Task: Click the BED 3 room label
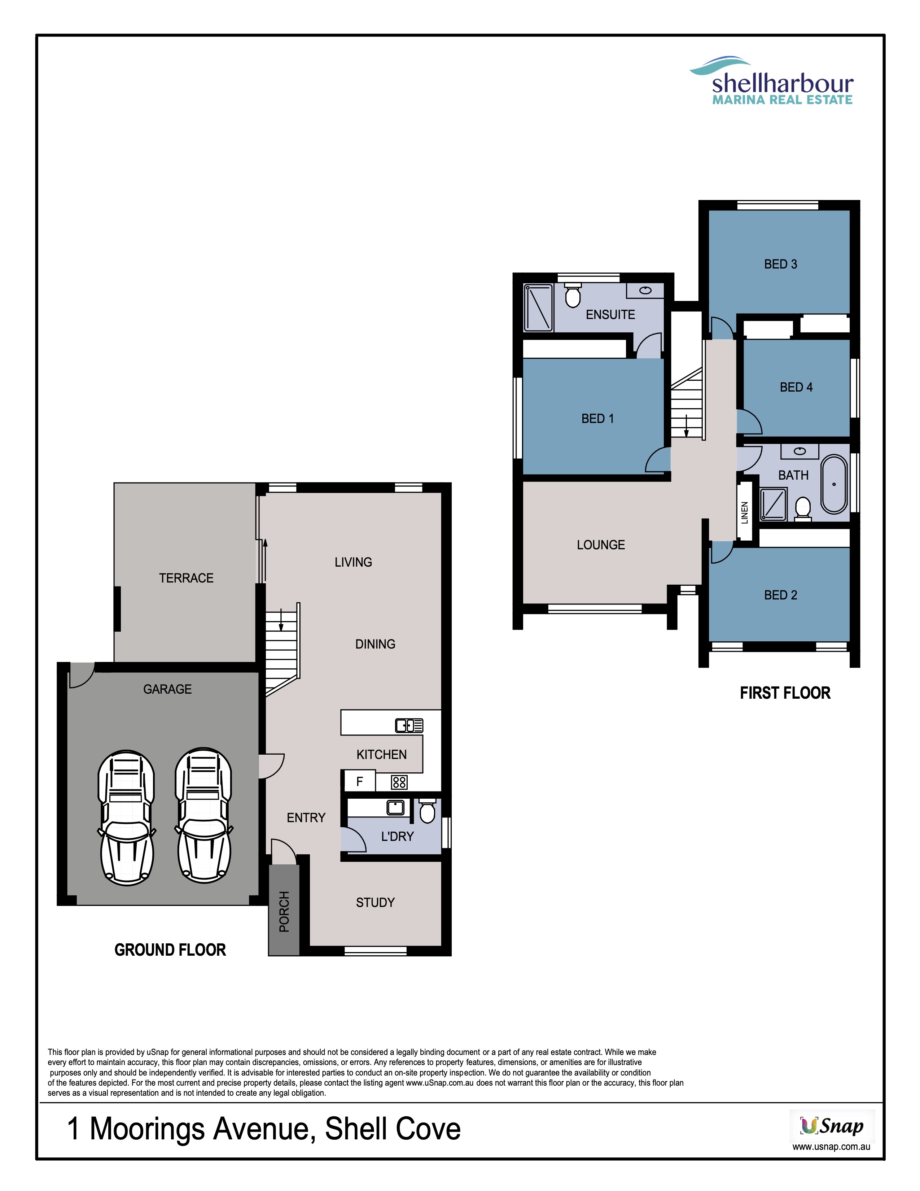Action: click(x=780, y=265)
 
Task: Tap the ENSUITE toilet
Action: click(x=572, y=295)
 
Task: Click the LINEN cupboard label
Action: click(x=745, y=512)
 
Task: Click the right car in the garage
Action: click(x=203, y=815)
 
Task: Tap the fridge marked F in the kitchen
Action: click(x=359, y=781)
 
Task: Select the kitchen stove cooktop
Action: click(x=399, y=782)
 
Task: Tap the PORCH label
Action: click(x=284, y=911)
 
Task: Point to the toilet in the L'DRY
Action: click(x=427, y=811)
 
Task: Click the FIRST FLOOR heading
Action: click(x=785, y=693)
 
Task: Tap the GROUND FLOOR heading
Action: click(x=170, y=950)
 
